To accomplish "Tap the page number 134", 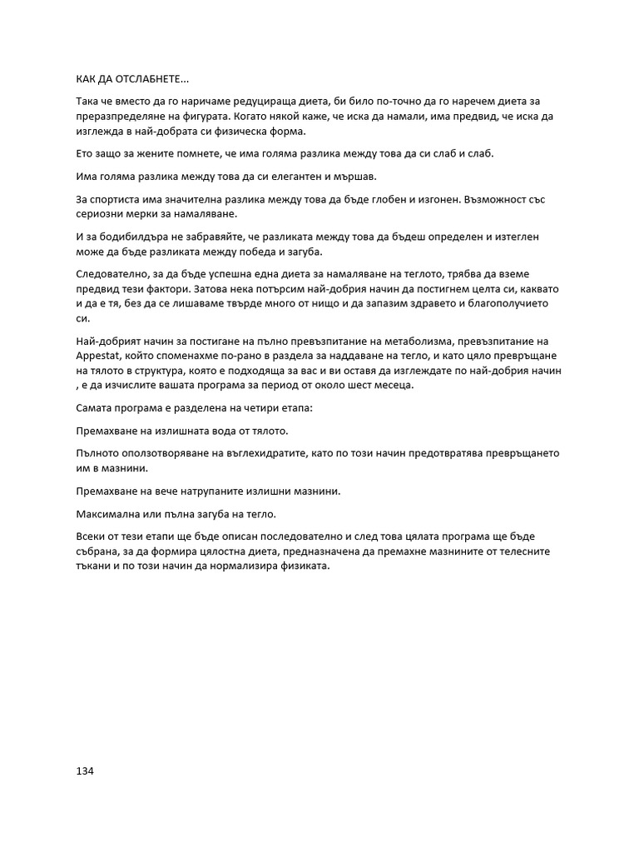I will [x=85, y=771].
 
